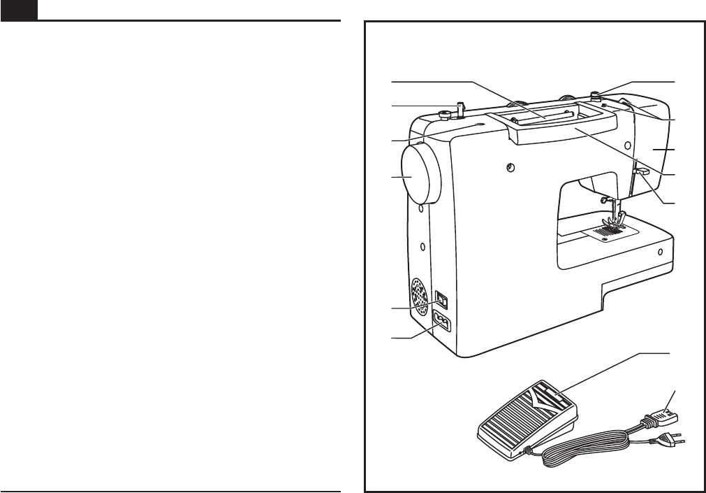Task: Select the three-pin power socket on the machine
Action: point(443,322)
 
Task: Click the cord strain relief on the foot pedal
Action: point(523,455)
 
